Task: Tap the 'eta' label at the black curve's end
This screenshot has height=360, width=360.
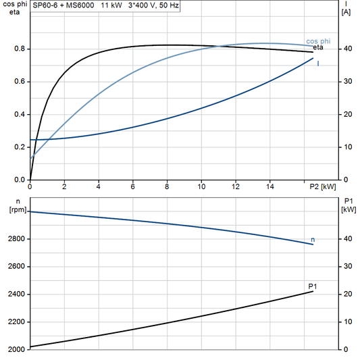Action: click(x=317, y=48)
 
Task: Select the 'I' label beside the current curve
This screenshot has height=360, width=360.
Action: click(x=317, y=63)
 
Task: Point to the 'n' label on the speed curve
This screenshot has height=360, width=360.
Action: click(x=313, y=240)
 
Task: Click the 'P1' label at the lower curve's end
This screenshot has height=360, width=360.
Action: click(x=313, y=287)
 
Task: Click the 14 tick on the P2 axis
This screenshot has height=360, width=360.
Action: click(x=269, y=186)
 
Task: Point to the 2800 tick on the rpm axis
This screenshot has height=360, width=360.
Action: click(x=18, y=239)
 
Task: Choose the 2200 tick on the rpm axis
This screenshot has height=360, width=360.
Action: click(x=18, y=322)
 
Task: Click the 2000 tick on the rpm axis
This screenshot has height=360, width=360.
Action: click(x=18, y=349)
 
